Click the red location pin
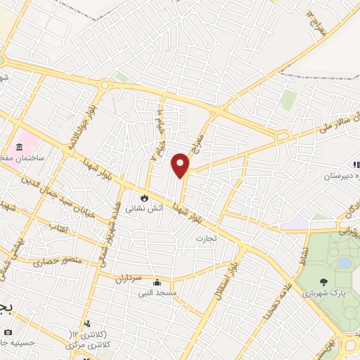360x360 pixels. (x=181, y=165)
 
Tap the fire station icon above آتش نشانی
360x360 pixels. (x=145, y=198)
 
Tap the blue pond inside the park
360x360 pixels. (x=344, y=263)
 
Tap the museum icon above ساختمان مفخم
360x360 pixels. (x=18, y=147)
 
